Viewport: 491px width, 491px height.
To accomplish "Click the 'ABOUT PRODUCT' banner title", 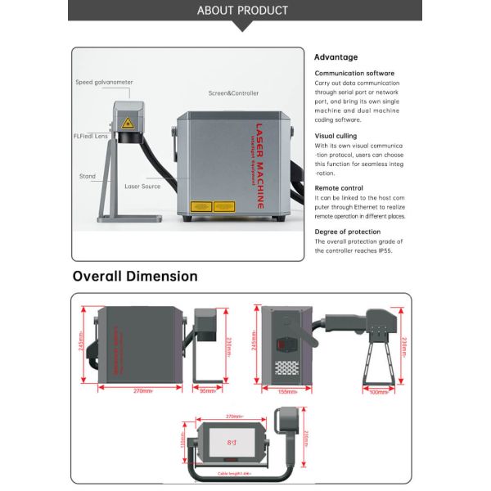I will point(243,11).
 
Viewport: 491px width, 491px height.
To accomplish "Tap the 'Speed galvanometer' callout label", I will point(104,82).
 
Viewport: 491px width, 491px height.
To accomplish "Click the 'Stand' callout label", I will point(88,176).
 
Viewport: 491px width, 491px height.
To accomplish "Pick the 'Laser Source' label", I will point(142,187).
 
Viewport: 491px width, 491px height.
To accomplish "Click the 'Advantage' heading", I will point(336,57).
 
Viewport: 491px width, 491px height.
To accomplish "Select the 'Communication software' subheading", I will point(354,74).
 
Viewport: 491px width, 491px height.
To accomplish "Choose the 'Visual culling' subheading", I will point(336,137).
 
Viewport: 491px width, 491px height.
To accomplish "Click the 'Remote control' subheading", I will point(338,188).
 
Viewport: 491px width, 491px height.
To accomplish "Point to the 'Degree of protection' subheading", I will point(348,232).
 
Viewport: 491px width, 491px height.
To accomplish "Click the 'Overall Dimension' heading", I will point(135,276).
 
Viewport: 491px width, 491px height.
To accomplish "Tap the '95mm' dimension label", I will point(208,390).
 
